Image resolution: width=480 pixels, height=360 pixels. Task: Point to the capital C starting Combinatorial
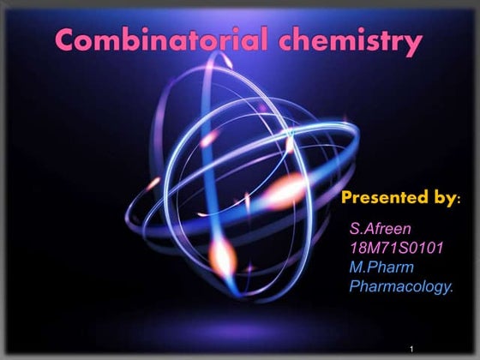tap(67, 39)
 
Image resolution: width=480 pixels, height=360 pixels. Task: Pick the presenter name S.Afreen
tap(381, 229)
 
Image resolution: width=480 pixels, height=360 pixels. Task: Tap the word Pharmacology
tap(399, 286)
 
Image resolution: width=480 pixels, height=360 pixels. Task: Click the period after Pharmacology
tap(452, 291)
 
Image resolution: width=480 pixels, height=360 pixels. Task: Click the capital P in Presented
tap(347, 198)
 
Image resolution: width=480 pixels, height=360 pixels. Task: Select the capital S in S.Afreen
tap(355, 229)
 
